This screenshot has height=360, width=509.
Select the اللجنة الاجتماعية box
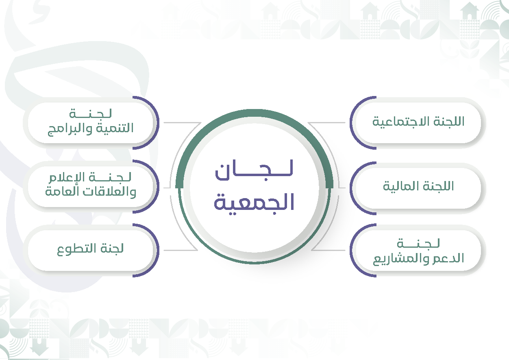(x=418, y=123)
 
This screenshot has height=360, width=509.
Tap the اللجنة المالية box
(x=418, y=188)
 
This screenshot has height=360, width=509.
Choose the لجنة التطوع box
(x=91, y=250)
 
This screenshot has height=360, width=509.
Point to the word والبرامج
(x=70, y=129)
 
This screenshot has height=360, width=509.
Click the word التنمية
(x=115, y=128)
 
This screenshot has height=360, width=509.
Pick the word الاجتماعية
(x=402, y=122)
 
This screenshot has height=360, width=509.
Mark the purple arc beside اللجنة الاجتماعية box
(x=351, y=123)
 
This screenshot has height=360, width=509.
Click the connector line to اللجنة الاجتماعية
(x=326, y=123)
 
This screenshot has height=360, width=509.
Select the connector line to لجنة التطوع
(x=181, y=250)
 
